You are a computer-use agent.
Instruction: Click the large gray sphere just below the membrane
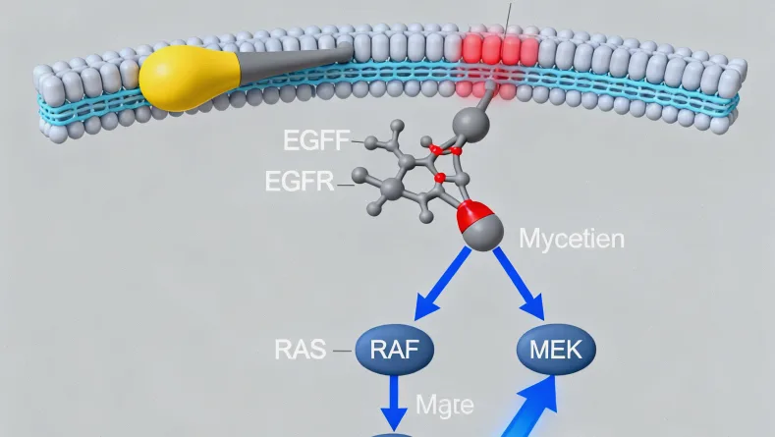coord(471,124)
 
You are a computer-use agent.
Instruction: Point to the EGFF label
coord(315,140)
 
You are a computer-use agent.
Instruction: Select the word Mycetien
coord(570,238)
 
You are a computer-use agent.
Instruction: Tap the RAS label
coord(301,349)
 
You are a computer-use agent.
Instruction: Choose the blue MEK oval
coord(555,349)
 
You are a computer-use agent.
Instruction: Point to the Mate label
coord(444,405)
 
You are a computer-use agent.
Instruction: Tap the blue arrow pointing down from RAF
coord(395,402)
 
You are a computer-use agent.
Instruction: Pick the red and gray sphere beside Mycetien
coord(479,225)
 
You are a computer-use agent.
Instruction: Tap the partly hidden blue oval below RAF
coord(393,433)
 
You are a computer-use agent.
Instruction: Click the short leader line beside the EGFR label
coord(347,182)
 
